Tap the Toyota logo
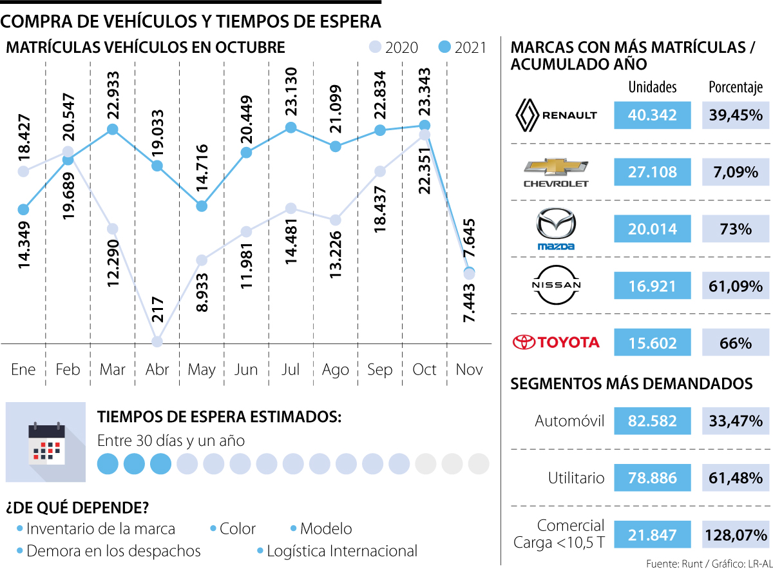pyautogui.click(x=555, y=342)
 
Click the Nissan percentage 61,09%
pyautogui.click(x=735, y=284)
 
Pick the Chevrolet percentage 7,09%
pyautogui.click(x=735, y=172)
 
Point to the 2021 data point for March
pyautogui.click(x=113, y=130)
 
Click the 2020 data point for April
pyautogui.click(x=157, y=341)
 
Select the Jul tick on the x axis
pyautogui.click(x=291, y=370)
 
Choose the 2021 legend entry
pyautogui.click(x=462, y=47)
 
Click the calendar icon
pyautogui.click(x=46, y=442)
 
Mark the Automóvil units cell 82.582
pyautogui.click(x=652, y=421)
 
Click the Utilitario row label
pyautogui.click(x=576, y=477)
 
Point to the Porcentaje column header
pyautogui.click(x=735, y=87)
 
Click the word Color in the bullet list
pyautogui.click(x=238, y=529)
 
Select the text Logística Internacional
pyautogui.click(x=341, y=552)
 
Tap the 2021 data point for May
pyautogui.click(x=202, y=206)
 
